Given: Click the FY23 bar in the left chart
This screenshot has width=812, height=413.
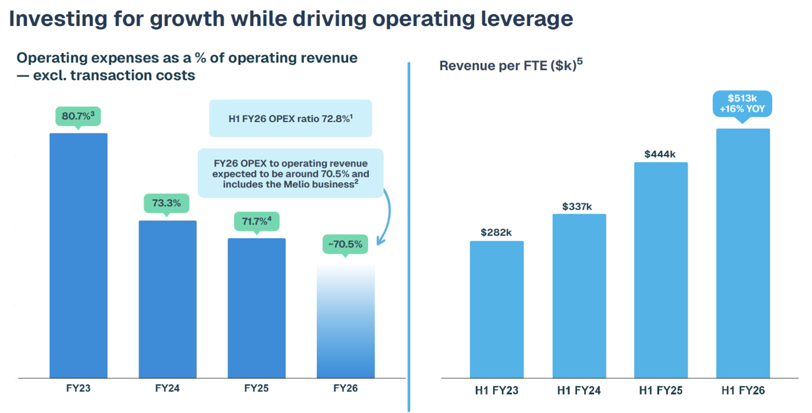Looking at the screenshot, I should click(78, 255).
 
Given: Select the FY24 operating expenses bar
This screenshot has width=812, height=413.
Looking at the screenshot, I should click(167, 299).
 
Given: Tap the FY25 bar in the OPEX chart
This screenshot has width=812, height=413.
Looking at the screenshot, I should click(256, 308).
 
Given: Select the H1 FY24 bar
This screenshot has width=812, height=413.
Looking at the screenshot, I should click(579, 296).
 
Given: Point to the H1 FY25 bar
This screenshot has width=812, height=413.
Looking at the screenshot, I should click(661, 270).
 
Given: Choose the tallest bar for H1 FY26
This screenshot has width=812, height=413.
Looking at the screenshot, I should click(743, 253).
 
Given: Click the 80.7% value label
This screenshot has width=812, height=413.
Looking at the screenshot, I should click(78, 116).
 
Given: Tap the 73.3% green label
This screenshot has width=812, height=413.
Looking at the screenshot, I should click(166, 203).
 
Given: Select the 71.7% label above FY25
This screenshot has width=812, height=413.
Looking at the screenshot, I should click(256, 221).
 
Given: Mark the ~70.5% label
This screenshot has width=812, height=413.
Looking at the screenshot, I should click(345, 244).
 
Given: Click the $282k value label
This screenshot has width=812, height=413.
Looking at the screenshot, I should click(496, 232).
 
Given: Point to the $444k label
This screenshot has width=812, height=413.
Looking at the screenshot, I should click(660, 154).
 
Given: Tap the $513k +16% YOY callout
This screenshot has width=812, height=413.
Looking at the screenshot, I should click(742, 104).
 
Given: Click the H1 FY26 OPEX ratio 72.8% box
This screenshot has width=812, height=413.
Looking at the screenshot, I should click(290, 119).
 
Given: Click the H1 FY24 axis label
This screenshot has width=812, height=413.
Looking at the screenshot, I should click(578, 391).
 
